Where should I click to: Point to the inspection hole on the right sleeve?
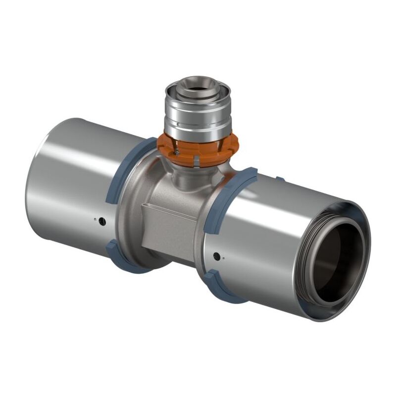tap(216, 256)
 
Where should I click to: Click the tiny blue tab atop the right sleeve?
tap(280, 179)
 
